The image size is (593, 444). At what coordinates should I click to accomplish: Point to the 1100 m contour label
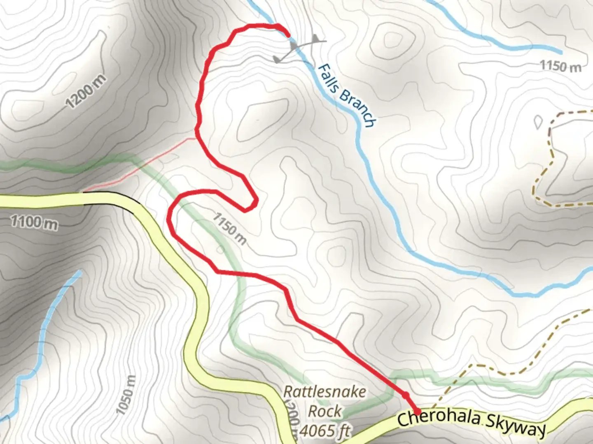tap(34, 222)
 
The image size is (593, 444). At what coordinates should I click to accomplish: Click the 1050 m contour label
tap(126, 395)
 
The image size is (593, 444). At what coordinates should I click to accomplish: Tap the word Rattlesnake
tap(325, 391)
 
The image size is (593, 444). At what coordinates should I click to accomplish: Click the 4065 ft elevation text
tap(325, 430)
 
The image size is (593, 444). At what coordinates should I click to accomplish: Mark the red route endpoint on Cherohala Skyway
tap(417, 411)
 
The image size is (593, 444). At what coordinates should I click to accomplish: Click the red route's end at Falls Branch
tap(287, 34)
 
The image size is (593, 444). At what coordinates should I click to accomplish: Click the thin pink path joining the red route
tap(140, 164)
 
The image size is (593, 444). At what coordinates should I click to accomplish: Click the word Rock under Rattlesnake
tap(325, 411)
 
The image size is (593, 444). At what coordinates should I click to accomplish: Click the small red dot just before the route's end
tap(405, 395)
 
